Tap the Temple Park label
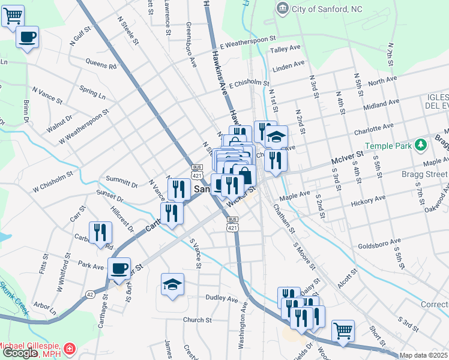tap(390, 145)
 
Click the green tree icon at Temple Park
tap(421, 145)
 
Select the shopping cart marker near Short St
tap(342, 330)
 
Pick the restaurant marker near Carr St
tap(100, 232)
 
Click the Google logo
tap(19, 353)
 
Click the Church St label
tap(197, 320)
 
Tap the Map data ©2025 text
tap(423, 355)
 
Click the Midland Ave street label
tap(382, 106)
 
